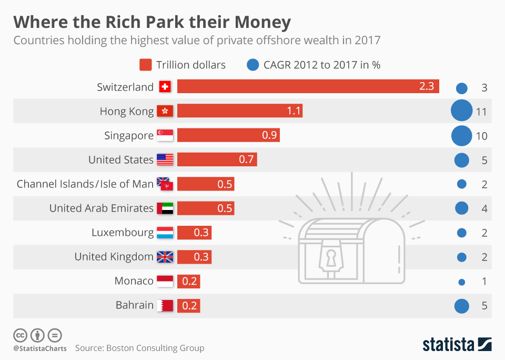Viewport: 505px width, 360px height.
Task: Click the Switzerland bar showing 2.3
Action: [x=308, y=87]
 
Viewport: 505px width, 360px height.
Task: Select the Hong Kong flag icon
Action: [x=165, y=111]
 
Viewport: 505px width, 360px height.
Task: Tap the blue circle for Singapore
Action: [x=461, y=136]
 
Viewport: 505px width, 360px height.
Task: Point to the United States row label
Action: [x=121, y=159]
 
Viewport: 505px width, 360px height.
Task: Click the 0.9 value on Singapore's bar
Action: [x=269, y=135]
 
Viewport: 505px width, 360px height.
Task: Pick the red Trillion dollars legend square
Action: [x=146, y=65]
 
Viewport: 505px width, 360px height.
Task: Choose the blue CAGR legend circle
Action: [x=253, y=65]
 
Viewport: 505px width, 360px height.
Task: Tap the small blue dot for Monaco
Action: [x=462, y=282]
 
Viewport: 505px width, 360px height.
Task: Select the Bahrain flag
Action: [x=165, y=305]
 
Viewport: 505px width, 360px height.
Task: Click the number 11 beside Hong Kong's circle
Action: [x=481, y=112]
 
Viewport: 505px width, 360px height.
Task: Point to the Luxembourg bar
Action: [x=194, y=233]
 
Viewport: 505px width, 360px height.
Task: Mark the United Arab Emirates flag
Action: [x=165, y=208]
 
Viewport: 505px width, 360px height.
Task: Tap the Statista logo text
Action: [x=448, y=345]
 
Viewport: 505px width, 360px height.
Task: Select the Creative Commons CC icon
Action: [x=20, y=335]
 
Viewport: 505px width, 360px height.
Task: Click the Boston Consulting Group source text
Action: [x=155, y=348]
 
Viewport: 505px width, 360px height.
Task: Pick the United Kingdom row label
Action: [x=114, y=257]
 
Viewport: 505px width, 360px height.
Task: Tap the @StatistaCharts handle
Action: [x=39, y=348]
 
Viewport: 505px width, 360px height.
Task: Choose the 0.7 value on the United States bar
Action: [x=246, y=159]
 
